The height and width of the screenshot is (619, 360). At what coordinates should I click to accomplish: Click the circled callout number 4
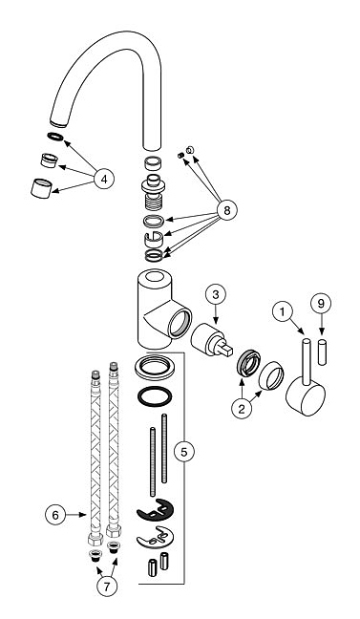click(104, 180)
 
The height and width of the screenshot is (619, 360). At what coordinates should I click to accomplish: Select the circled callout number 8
click(226, 211)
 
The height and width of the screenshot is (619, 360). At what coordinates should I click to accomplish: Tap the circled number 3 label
click(216, 295)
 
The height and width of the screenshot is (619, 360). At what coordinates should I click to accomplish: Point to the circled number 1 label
click(283, 312)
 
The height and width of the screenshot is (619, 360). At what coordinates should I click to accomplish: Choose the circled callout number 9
click(321, 303)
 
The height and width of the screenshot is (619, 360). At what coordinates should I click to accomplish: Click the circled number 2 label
click(242, 409)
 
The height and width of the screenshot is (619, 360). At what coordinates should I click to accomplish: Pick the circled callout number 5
click(184, 453)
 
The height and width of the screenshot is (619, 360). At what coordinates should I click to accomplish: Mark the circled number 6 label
click(55, 515)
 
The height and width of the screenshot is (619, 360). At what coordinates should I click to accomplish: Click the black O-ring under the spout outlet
click(55, 137)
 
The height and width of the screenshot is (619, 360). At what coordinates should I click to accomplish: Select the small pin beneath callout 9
click(323, 352)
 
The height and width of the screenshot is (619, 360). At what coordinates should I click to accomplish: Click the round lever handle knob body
click(305, 396)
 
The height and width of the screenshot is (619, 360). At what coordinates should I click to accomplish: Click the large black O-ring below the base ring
click(155, 395)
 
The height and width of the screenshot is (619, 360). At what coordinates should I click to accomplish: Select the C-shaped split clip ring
click(154, 239)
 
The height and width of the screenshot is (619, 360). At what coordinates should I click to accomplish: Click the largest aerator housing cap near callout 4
click(41, 188)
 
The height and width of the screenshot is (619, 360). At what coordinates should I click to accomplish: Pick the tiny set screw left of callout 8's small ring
click(180, 156)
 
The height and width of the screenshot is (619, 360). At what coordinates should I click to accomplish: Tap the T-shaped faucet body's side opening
click(180, 322)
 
